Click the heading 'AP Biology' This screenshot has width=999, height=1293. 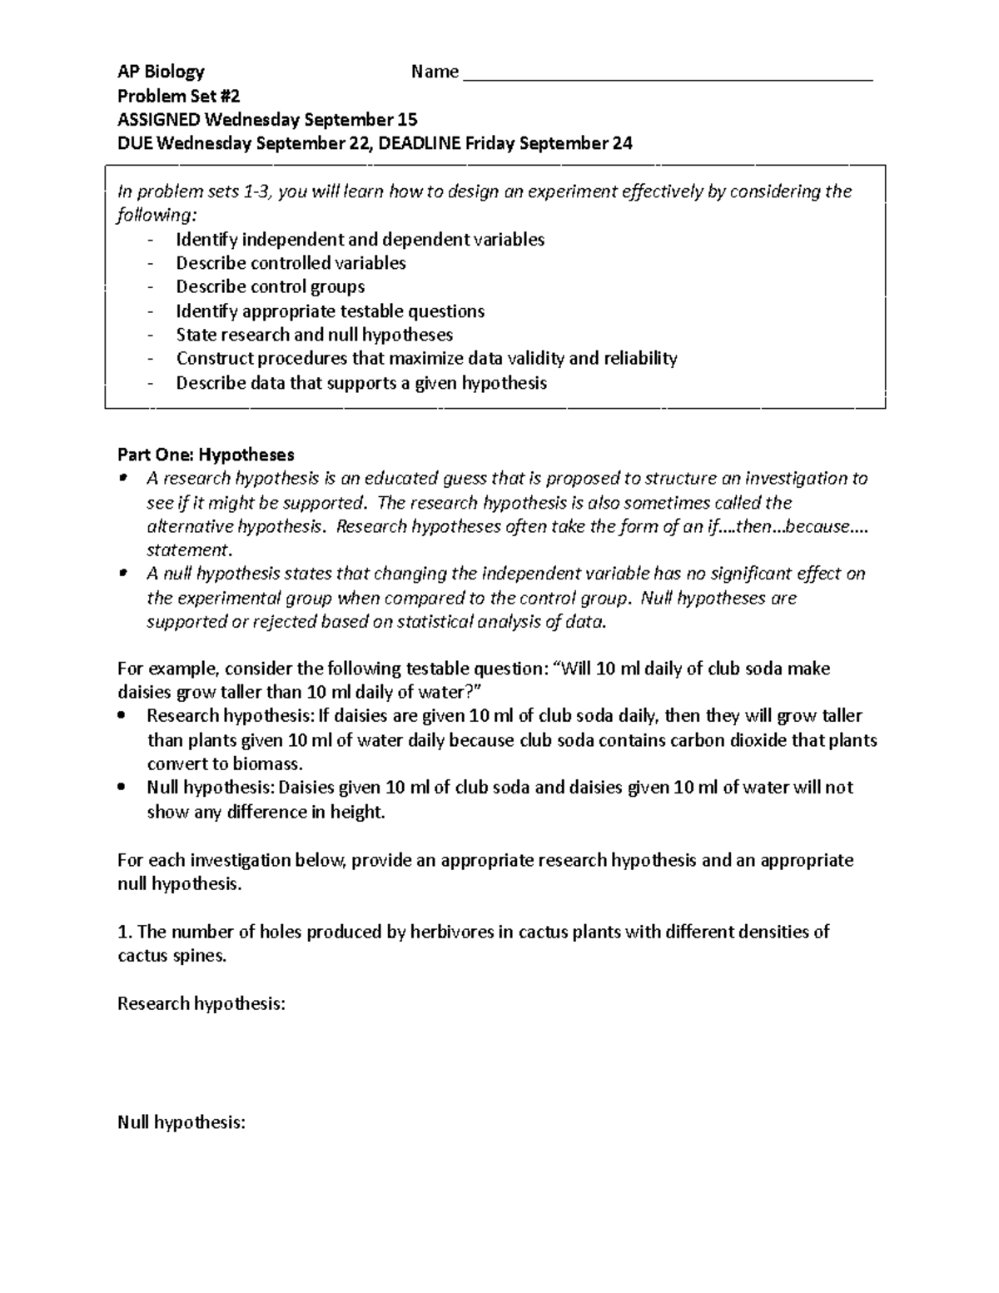click(161, 72)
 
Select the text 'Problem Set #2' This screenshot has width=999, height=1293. click(178, 96)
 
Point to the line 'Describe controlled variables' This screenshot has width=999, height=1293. click(291, 263)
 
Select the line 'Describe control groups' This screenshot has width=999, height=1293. click(270, 287)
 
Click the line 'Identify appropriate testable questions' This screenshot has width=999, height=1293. click(330, 311)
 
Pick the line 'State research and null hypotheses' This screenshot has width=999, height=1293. click(314, 335)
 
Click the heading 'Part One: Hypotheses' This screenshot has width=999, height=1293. click(206, 455)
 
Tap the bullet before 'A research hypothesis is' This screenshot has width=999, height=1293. click(122, 478)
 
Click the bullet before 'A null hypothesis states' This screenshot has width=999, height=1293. click(122, 573)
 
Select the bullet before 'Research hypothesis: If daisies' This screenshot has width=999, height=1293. click(122, 715)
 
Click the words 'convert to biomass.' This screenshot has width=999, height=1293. click(225, 763)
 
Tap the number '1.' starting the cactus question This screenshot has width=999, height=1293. click(124, 932)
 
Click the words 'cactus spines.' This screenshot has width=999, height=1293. click(171, 956)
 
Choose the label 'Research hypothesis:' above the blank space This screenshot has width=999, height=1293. click(201, 1003)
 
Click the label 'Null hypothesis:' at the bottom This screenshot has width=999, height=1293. click(181, 1122)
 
